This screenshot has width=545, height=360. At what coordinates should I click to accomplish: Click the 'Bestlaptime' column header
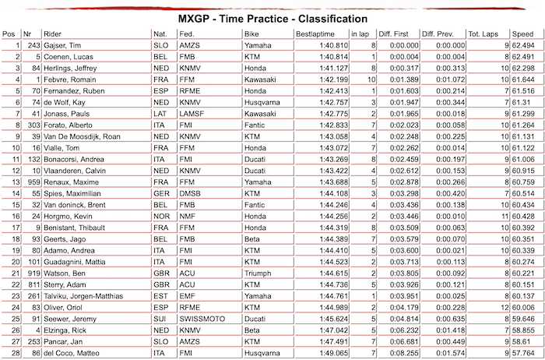(315, 34)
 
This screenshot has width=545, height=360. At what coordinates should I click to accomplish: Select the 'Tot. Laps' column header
(482, 34)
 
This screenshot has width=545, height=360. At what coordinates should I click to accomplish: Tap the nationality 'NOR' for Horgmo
(161, 215)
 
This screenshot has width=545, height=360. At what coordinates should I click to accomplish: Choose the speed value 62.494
(522, 46)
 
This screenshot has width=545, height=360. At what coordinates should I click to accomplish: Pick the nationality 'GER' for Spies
(161, 192)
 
